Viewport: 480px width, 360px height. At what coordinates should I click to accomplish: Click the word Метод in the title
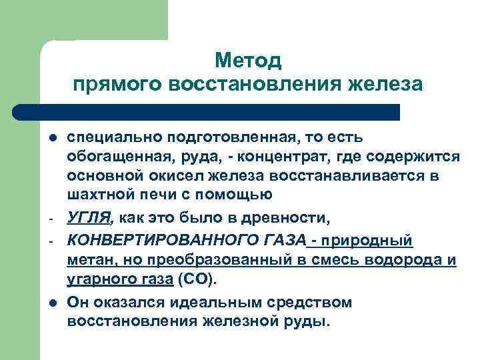[249, 61]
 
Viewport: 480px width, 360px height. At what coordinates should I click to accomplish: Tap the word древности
[291, 218]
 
